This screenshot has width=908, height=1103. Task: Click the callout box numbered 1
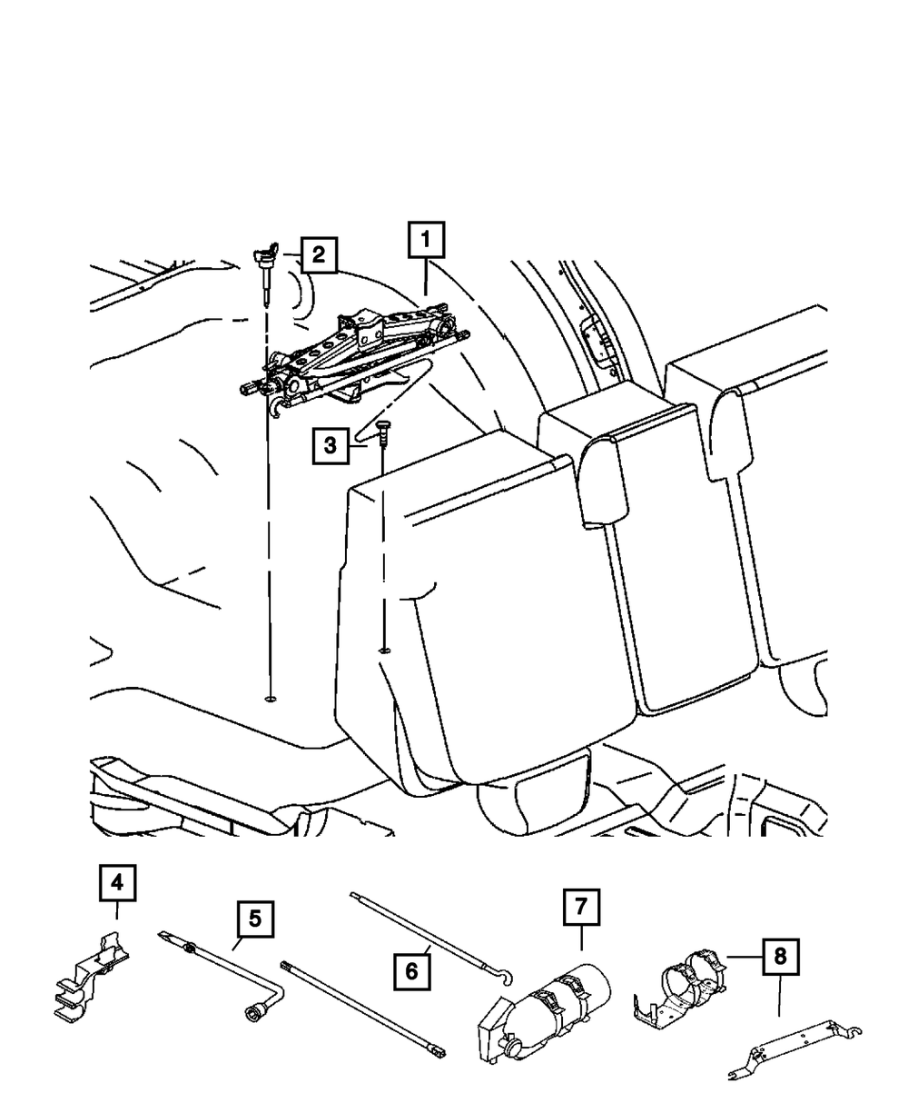(427, 243)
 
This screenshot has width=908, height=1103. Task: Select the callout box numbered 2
(317, 255)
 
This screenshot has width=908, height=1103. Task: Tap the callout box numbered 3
(331, 445)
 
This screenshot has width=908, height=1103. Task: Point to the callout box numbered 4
(117, 884)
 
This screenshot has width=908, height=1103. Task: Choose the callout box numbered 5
(255, 919)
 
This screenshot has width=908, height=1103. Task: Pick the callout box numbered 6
(412, 971)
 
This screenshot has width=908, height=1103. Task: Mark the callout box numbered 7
(581, 908)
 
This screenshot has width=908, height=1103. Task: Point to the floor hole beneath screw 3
(384, 649)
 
